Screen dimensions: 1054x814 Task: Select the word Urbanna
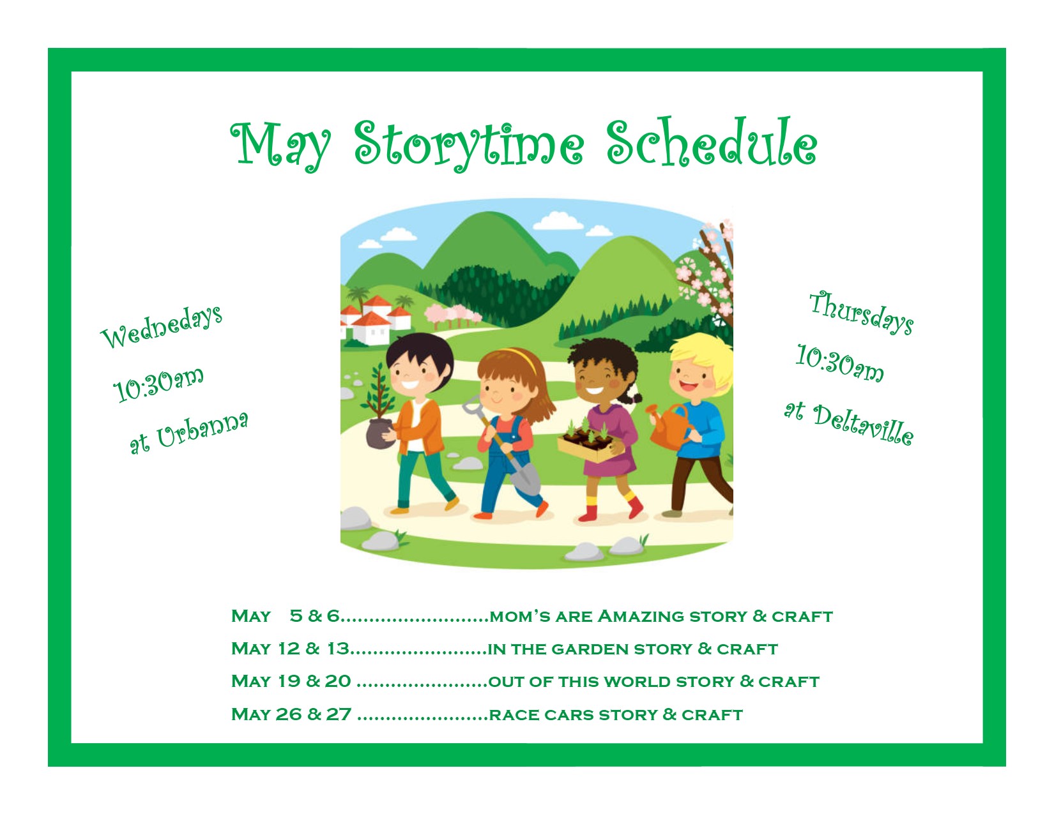pyautogui.click(x=202, y=430)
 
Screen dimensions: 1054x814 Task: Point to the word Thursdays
pyautogui.click(x=862, y=312)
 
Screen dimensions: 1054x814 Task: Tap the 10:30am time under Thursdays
pyautogui.click(x=839, y=364)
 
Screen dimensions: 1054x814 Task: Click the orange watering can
pyautogui.click(x=668, y=426)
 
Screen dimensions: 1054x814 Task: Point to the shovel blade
pyautogui.click(x=525, y=478)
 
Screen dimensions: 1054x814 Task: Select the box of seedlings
pyautogui.click(x=589, y=442)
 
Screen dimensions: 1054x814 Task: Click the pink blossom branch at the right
pyautogui.click(x=709, y=271)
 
